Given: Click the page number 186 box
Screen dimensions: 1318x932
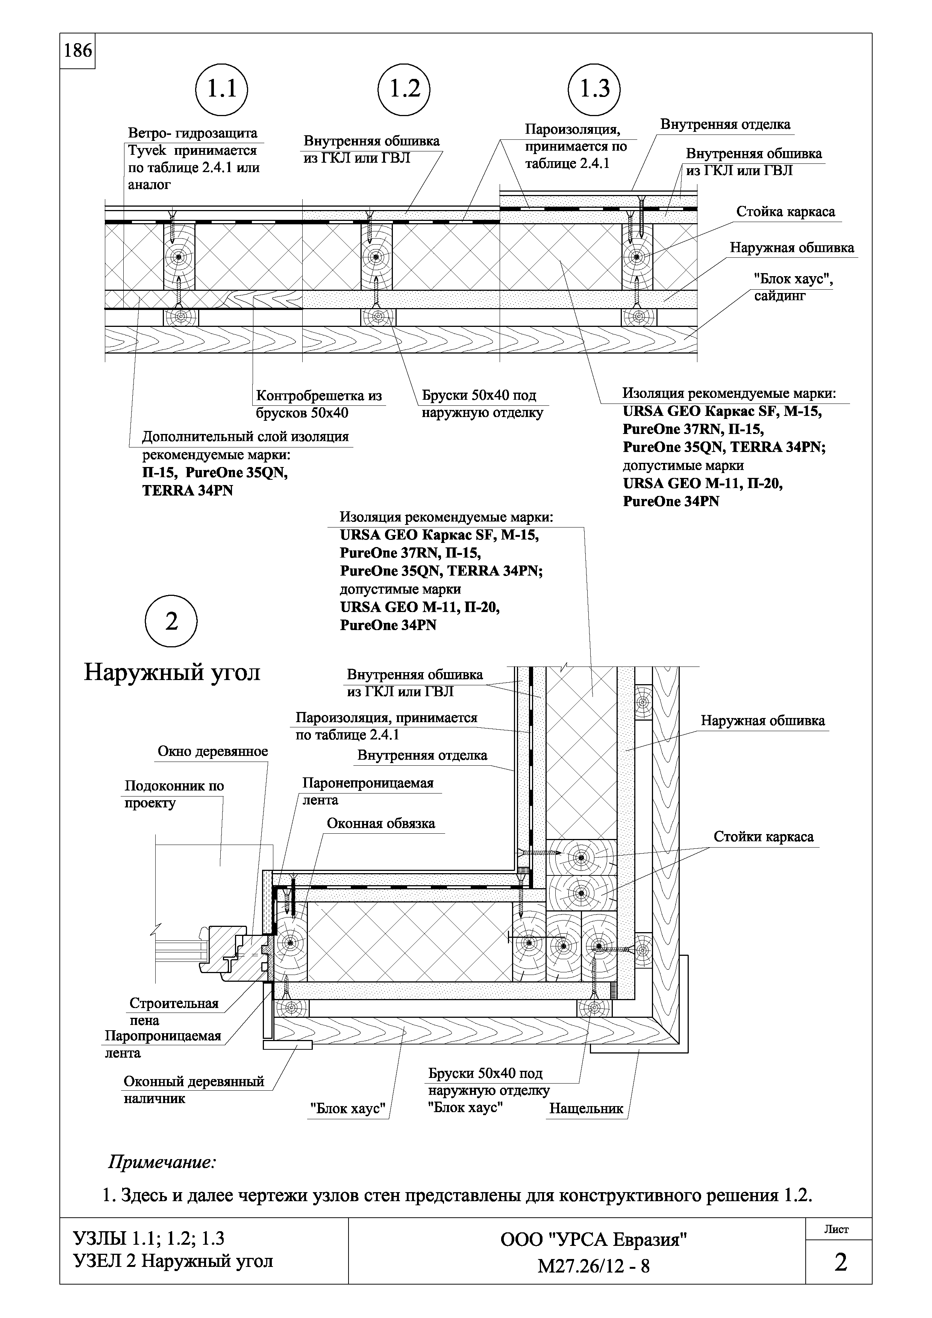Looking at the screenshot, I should point(77,51).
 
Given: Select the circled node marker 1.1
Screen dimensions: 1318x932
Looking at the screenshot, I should point(222,89).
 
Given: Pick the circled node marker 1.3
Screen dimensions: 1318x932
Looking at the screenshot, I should point(595,89).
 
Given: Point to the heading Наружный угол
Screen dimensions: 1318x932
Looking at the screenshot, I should point(172,672).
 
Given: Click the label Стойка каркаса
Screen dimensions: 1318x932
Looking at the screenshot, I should point(786,212).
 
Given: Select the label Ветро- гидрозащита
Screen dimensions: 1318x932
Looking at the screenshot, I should point(192,134).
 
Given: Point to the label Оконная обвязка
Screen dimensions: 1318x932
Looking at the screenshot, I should point(381,823).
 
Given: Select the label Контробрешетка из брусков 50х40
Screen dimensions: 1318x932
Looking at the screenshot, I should point(319,404).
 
